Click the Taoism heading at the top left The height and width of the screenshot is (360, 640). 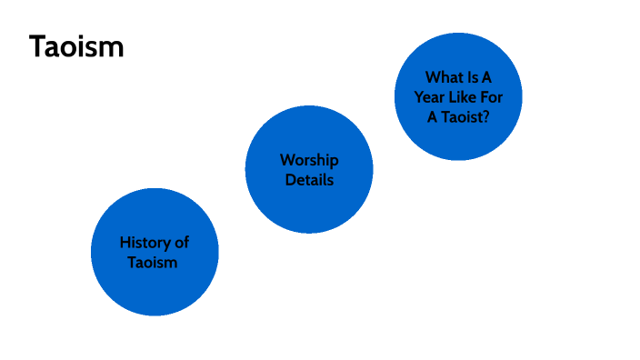pos(76,47)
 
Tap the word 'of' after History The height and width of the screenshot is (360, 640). pos(182,243)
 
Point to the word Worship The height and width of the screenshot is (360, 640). pos(309,160)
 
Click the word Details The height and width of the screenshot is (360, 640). pos(309,180)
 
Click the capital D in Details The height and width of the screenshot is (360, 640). pos(290,180)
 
